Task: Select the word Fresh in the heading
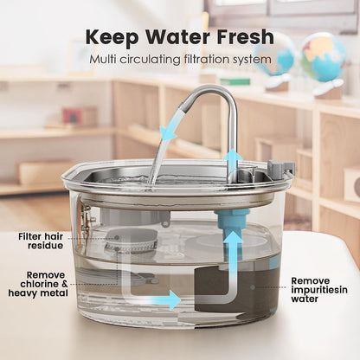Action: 245,39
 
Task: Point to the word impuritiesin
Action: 309,292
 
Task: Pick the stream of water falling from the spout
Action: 160,156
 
